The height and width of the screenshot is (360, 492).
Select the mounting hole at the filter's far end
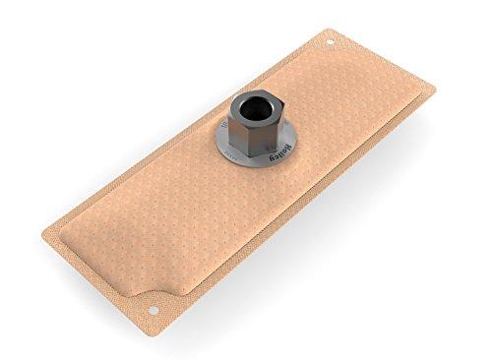point(331,42)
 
